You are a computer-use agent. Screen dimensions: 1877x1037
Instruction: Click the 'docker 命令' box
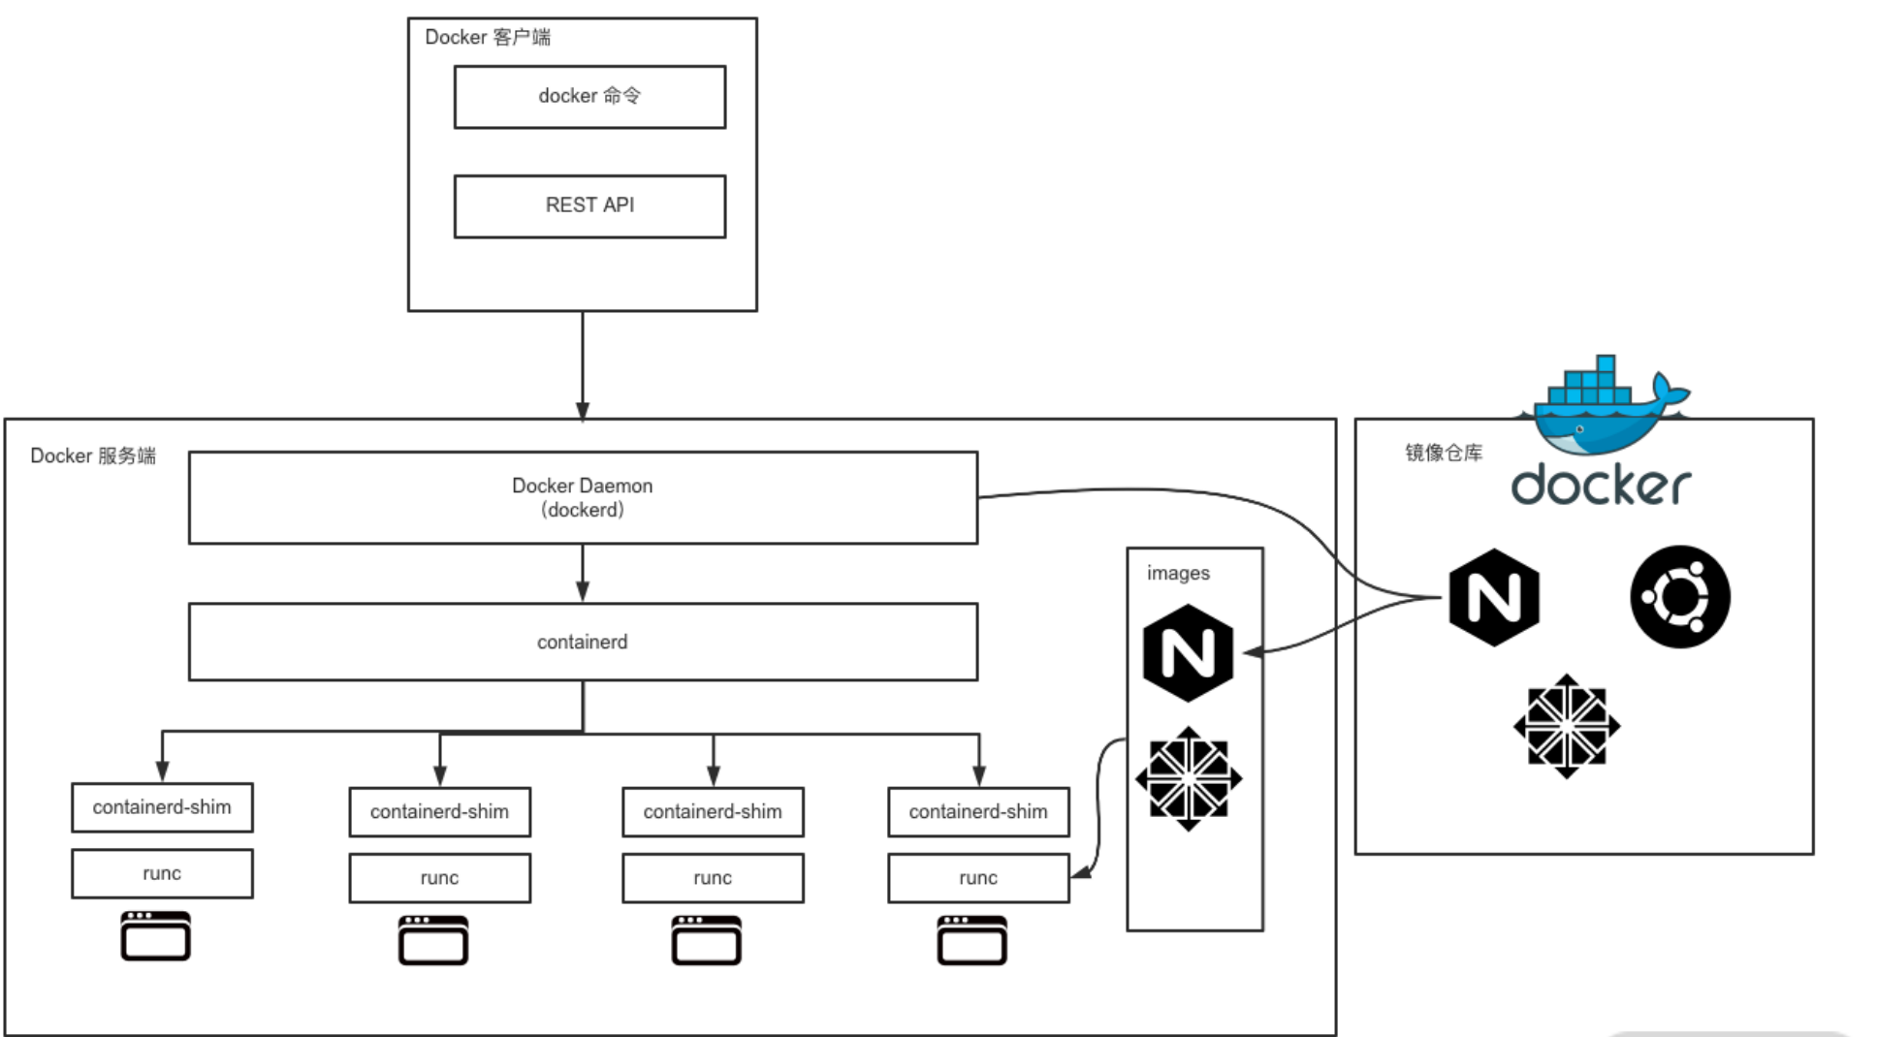(589, 97)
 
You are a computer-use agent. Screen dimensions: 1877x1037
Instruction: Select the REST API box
(589, 205)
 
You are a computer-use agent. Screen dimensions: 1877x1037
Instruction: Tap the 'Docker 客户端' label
(488, 37)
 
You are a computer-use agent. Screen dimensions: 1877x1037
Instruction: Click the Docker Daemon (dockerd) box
(583, 497)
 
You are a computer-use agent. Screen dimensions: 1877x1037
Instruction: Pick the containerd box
(583, 642)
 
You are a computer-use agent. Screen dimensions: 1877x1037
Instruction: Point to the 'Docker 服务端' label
(93, 456)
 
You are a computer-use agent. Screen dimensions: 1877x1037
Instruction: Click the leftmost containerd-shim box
(162, 807)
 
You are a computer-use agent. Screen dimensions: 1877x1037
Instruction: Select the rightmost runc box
(978, 878)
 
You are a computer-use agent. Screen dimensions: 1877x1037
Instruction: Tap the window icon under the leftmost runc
(155, 935)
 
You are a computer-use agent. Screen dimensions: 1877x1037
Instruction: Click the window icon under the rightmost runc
(971, 940)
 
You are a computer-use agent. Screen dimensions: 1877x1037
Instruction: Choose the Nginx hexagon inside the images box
(1188, 653)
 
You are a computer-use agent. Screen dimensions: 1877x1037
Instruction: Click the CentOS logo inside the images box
(1189, 779)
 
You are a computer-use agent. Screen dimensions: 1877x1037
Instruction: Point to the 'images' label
(1178, 573)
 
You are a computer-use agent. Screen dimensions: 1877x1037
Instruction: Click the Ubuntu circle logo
(1680, 597)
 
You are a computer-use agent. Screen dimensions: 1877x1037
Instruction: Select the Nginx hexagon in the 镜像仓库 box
(1494, 597)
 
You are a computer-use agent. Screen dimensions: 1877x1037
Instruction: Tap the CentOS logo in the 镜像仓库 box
(1567, 726)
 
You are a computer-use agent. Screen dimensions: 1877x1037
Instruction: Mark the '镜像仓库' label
(1444, 453)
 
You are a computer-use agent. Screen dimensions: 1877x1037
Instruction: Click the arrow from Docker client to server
(583, 366)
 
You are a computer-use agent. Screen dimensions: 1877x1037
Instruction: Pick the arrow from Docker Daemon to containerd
(583, 574)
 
